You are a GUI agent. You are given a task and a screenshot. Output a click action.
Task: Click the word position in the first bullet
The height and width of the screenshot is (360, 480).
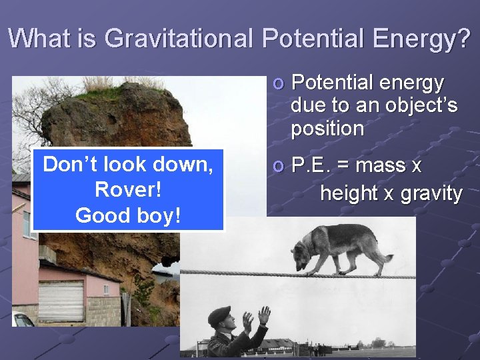pyautogui.click(x=326, y=128)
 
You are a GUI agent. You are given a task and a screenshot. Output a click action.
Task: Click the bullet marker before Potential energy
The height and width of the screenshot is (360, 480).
pyautogui.click(x=278, y=83)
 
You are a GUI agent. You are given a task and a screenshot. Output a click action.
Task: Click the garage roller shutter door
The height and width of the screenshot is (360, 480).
pyautogui.click(x=61, y=301)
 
